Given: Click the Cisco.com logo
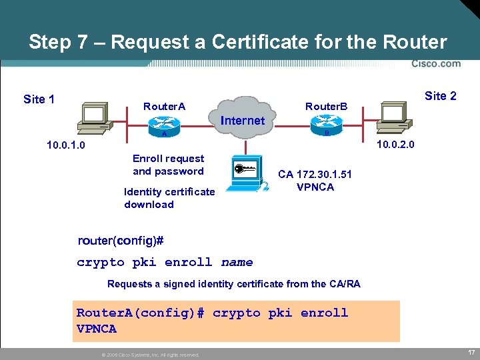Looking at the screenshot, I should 435,64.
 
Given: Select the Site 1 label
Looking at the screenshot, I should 39,99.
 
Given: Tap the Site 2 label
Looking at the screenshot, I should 441,96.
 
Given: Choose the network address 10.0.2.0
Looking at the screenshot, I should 395,144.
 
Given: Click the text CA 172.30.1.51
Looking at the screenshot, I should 315,174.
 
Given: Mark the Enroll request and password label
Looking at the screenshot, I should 168,165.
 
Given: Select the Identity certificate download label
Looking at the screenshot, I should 169,198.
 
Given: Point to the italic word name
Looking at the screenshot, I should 237,262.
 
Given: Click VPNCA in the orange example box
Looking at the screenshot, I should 97,329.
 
